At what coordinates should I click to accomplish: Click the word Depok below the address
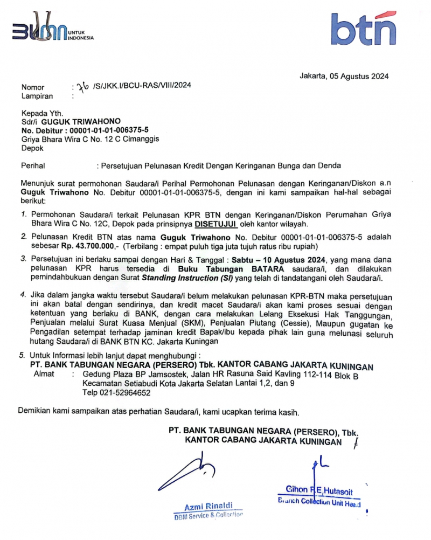pos(32,148)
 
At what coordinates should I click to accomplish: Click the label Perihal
pos(33,165)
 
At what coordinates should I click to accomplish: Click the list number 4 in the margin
pos(23,295)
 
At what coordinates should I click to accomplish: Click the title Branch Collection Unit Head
pos(319,502)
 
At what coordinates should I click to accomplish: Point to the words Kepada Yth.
pos(42,113)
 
